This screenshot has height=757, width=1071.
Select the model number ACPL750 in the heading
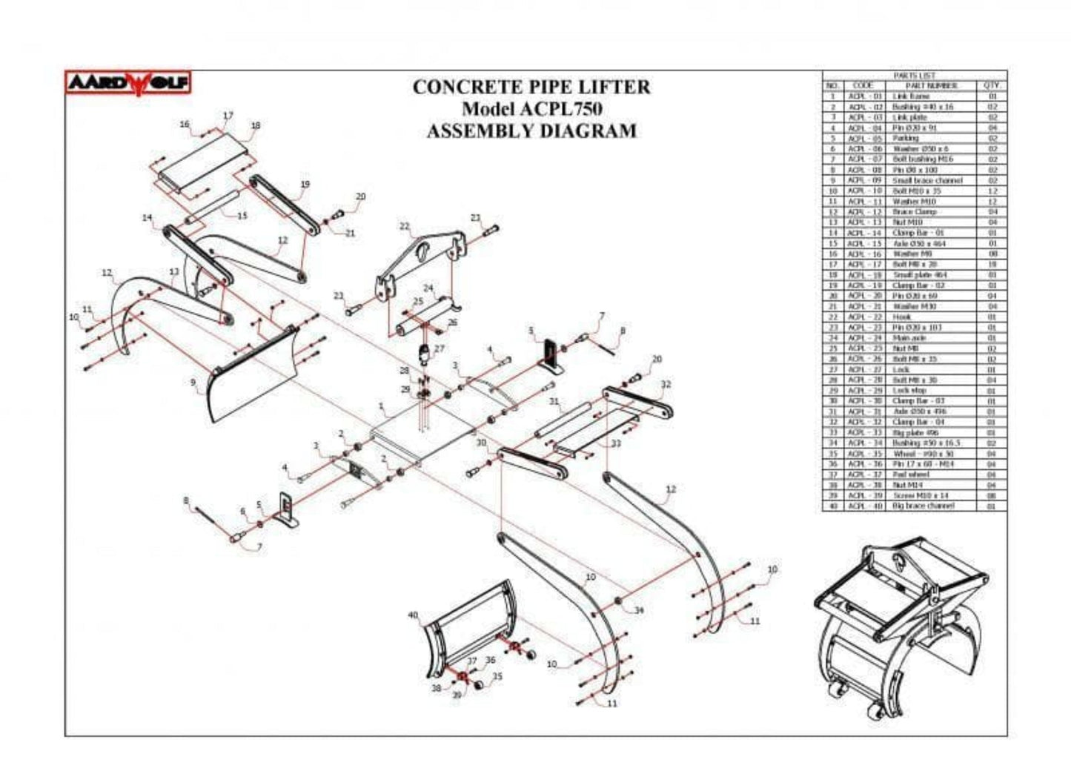click(560, 109)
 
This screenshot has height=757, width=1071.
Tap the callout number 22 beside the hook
click(404, 226)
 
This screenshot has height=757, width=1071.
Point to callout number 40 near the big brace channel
click(413, 615)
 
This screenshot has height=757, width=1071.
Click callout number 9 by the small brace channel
click(193, 383)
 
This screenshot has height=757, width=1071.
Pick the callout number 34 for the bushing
click(638, 610)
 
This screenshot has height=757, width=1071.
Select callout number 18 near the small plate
click(256, 126)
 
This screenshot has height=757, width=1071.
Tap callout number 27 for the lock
click(440, 348)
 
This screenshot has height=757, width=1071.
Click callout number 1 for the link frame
click(381, 406)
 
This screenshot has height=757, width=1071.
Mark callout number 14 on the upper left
click(147, 217)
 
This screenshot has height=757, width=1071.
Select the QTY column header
click(992, 85)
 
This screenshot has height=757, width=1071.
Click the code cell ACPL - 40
click(865, 506)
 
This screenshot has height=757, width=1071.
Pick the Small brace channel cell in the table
click(926, 180)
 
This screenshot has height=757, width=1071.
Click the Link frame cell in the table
click(911, 96)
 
